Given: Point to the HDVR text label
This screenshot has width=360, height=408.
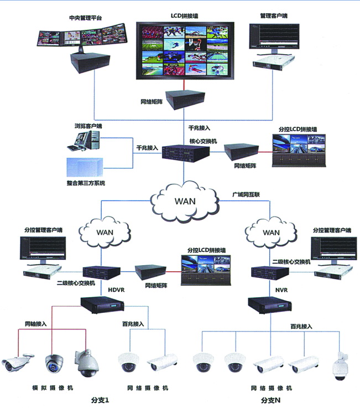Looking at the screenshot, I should tap(117, 290).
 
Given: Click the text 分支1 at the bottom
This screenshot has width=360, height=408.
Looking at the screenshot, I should tap(100, 399).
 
